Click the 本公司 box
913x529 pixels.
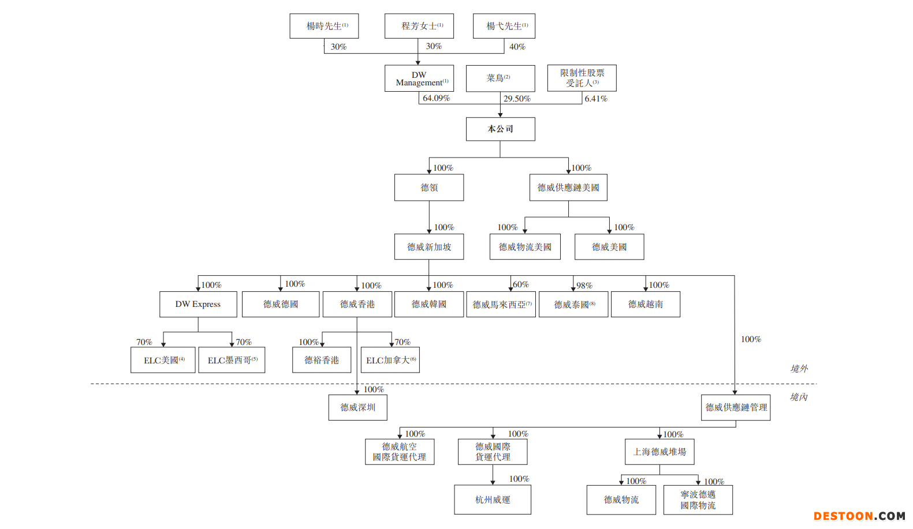(x=500, y=129)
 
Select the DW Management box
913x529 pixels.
(x=419, y=78)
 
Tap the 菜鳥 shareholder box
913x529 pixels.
(x=500, y=78)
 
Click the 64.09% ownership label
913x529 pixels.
(x=436, y=98)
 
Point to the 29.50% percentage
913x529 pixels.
(x=517, y=99)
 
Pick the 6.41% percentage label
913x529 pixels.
(x=596, y=99)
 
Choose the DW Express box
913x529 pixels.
(x=198, y=304)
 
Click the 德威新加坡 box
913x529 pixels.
(x=429, y=247)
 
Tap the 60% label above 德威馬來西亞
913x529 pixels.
(x=521, y=284)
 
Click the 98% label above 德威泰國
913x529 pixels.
(x=584, y=286)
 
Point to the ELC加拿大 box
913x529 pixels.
(x=390, y=360)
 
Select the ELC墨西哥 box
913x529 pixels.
(x=232, y=360)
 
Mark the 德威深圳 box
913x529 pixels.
(x=357, y=407)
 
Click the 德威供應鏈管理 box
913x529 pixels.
(x=736, y=407)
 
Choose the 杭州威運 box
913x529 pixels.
(x=493, y=500)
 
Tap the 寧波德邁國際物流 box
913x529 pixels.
(x=698, y=500)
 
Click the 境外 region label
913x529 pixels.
(x=799, y=369)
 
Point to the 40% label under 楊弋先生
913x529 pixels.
(x=517, y=47)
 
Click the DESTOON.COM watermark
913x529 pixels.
(x=859, y=516)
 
